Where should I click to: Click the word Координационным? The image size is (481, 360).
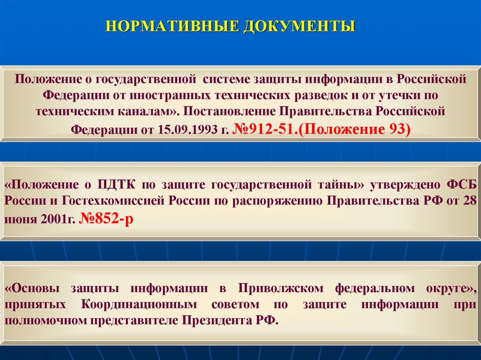(x=139, y=304)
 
